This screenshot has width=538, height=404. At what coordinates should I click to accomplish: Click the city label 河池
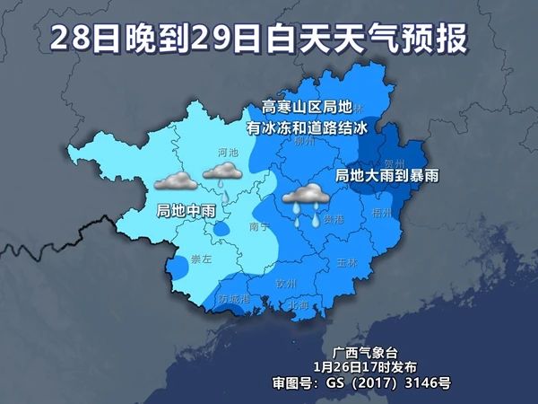pos(228,154)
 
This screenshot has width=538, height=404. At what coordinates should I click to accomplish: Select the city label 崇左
pos(201,259)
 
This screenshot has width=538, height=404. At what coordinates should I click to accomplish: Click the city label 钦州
pos(286,283)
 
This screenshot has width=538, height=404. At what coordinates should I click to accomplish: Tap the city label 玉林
pos(346,263)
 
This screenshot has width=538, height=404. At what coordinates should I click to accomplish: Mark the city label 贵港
pos(334,218)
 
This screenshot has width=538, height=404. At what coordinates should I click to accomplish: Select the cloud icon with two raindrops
pos(305,198)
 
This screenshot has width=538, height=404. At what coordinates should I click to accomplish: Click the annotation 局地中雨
pos(183,211)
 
